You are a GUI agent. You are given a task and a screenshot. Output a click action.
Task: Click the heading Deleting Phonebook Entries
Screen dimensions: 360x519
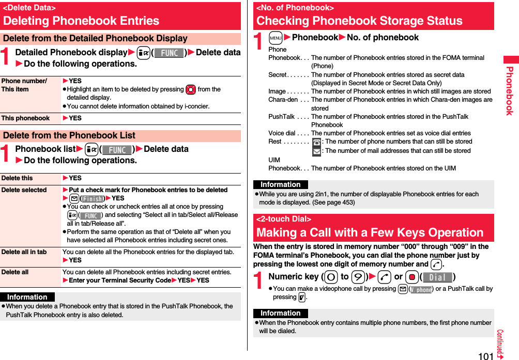[81, 21]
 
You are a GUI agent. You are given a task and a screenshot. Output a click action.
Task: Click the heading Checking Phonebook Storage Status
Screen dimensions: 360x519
[359, 21]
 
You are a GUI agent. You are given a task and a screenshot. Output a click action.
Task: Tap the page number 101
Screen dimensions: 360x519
[485, 356]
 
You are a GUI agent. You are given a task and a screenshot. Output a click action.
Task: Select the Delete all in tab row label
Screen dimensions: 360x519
[24, 252]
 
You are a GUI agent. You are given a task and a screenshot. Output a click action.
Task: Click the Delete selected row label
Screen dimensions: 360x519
[24, 190]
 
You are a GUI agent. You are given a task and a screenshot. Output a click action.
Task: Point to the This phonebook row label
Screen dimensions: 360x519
[25, 118]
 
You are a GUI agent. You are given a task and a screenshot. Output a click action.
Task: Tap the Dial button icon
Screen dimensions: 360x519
[437, 277]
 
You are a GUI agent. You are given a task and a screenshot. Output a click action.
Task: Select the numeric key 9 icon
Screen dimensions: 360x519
[357, 277]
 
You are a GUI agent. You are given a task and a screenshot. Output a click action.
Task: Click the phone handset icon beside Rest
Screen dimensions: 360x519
[316, 142]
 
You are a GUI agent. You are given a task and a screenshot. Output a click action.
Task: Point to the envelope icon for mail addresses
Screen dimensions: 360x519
[316, 151]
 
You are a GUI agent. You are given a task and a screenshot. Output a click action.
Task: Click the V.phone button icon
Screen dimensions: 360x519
[421, 289]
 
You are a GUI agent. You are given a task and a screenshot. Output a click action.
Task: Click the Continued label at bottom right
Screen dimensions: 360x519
[500, 343]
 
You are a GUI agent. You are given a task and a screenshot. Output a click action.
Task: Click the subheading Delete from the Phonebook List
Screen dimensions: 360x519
[69, 136]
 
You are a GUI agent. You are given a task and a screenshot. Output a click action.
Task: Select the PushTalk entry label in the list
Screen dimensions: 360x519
[282, 117]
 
